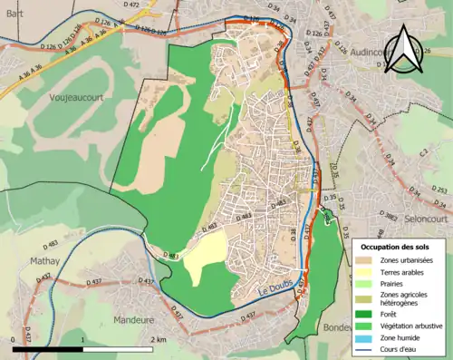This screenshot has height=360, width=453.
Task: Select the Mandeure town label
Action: click(x=135, y=320)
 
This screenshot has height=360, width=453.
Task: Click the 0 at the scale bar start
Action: click(x=13, y=340)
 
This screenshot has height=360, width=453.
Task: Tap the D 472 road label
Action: click(x=130, y=5)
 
